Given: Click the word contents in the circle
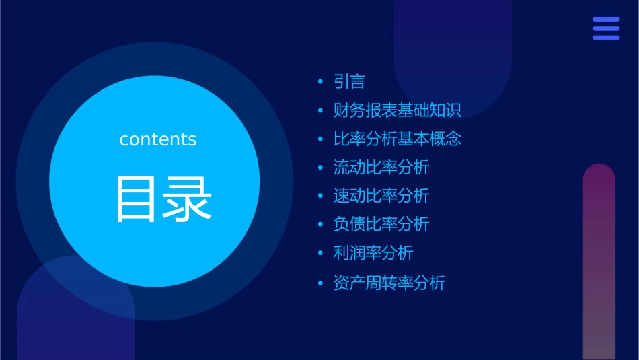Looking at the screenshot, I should (158, 139).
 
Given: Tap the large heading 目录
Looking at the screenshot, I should (164, 199).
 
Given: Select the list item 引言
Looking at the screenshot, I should (349, 82).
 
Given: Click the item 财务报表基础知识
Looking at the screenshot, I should (397, 110).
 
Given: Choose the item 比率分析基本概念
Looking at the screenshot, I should (397, 139).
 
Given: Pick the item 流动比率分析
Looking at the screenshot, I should (381, 168).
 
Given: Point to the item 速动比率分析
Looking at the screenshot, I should (381, 196).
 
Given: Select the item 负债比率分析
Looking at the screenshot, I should (381, 224).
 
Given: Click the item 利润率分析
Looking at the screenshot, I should (373, 253).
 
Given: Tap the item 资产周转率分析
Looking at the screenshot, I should (389, 283).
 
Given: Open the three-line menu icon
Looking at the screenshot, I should (606, 29).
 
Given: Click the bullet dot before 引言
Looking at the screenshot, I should (320, 83).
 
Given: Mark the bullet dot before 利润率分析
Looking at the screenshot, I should (320, 254).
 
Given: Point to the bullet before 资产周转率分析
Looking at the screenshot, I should (320, 283).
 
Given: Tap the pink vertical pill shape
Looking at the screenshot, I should (599, 262).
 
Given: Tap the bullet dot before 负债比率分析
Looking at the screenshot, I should (320, 225).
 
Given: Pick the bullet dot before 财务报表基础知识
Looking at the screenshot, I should (320, 111).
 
